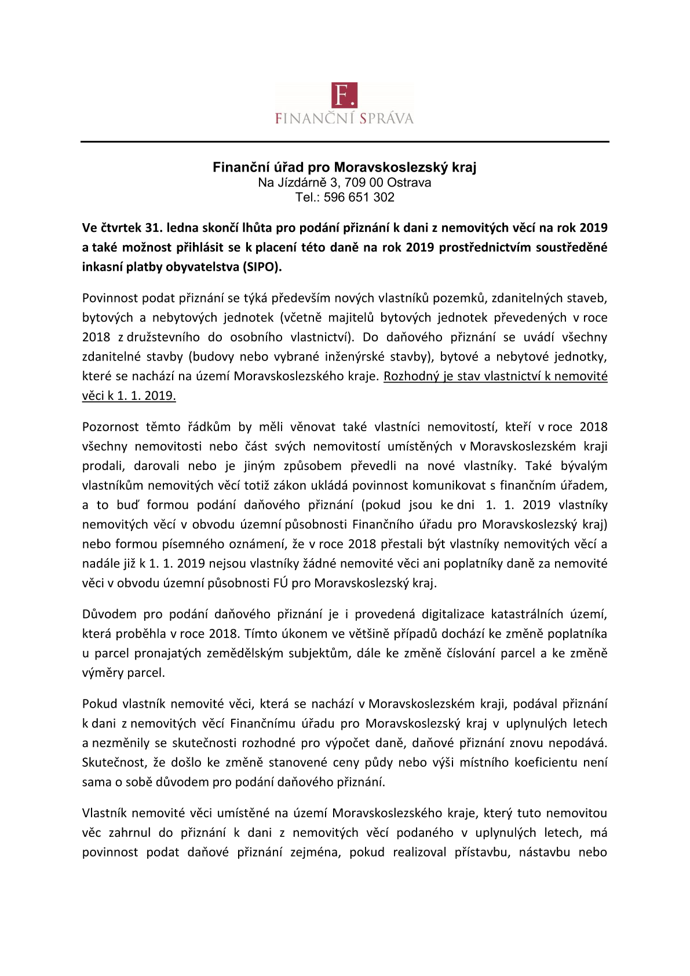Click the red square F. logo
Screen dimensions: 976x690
(345, 95)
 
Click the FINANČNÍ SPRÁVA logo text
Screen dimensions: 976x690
(345, 119)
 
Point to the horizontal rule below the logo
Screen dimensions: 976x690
(345, 141)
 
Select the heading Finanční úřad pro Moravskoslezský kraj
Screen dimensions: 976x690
(345, 168)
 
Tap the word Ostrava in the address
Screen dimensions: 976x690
(409, 183)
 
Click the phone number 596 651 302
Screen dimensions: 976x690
(359, 198)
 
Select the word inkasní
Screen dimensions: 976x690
(102, 267)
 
